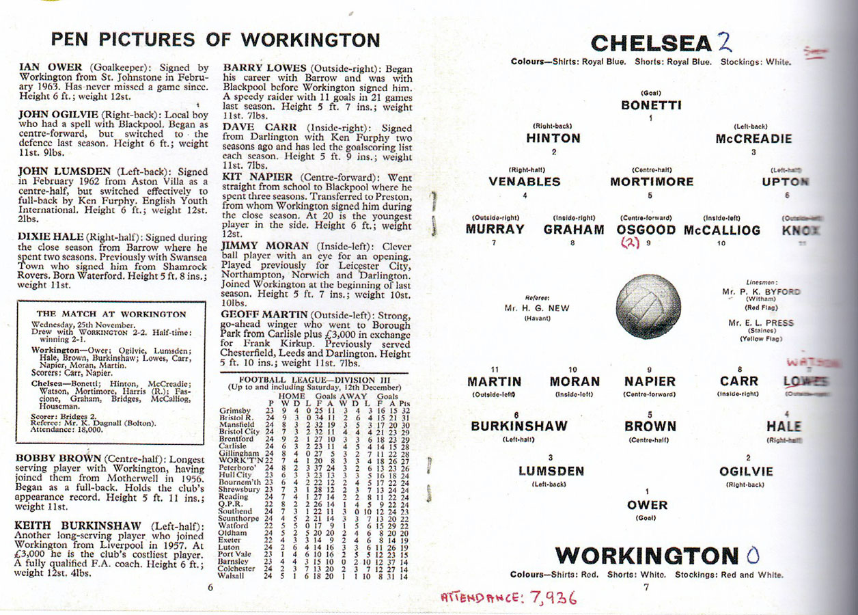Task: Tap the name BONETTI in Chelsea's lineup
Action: click(651, 105)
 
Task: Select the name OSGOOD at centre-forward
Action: click(646, 230)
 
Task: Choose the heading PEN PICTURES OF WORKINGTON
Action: click(215, 40)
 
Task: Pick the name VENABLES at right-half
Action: click(524, 182)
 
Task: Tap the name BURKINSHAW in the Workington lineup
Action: click(518, 426)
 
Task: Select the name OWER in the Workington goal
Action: click(647, 505)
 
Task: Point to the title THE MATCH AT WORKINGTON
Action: click(111, 314)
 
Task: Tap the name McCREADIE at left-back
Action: click(753, 139)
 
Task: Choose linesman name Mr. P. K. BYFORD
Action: click(760, 292)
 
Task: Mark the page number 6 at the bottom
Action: click(210, 586)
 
